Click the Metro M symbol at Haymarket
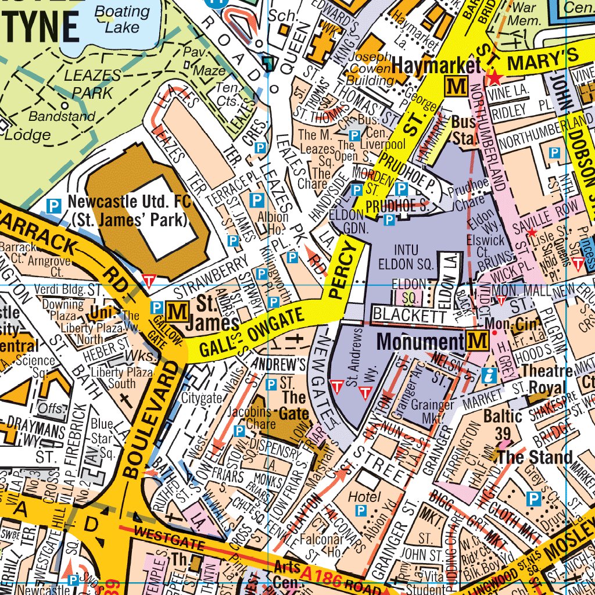(x=455, y=87)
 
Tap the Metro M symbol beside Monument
(x=476, y=341)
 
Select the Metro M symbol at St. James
(x=176, y=312)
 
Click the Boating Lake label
(x=122, y=19)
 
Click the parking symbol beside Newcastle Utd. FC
(x=53, y=205)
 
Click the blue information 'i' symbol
(x=488, y=376)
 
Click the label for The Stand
(x=535, y=457)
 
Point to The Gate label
(x=294, y=406)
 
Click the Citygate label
(x=202, y=398)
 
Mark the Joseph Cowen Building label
(x=370, y=69)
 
